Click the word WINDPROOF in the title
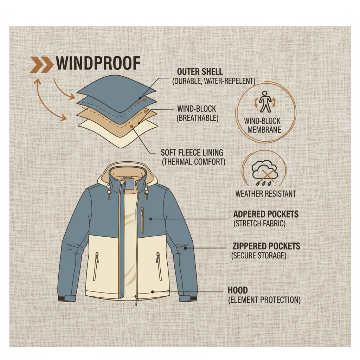coord(98,64)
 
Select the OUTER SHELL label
coord(200,72)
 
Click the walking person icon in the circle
coord(265,101)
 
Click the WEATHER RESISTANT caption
coord(265,193)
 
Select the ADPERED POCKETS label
coord(266,214)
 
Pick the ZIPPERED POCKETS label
coord(266,246)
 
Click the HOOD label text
coord(238,290)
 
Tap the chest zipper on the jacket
coord(142,220)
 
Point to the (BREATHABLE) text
coord(198,118)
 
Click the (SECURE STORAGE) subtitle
coord(259,255)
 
